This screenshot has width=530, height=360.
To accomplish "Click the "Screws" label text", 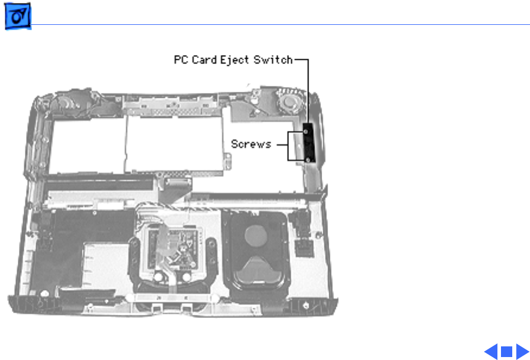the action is point(251,144).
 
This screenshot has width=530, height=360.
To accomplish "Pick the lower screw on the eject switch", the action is point(308,158).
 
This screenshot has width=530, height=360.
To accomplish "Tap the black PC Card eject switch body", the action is point(307,144).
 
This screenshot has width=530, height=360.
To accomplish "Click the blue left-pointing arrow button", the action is point(491,352).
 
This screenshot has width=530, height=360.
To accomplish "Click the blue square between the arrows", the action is point(506,352).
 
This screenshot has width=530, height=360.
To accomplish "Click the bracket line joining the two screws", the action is point(288,145).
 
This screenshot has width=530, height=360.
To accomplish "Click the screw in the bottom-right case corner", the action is point(304,306).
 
